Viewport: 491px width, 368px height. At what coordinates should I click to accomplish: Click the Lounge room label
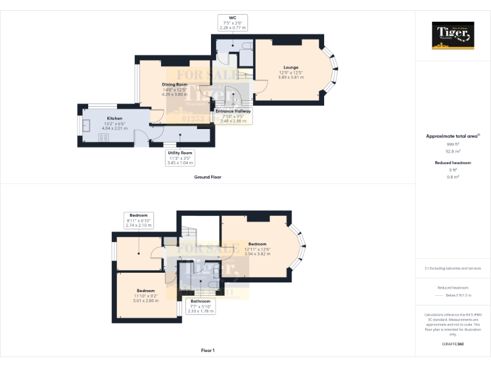click(291, 67)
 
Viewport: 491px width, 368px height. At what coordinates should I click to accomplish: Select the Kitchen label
click(115, 118)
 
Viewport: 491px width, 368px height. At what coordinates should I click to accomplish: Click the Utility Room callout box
click(180, 157)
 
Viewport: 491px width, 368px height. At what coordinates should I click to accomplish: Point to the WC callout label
click(232, 22)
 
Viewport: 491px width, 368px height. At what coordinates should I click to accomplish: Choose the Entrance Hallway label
click(233, 111)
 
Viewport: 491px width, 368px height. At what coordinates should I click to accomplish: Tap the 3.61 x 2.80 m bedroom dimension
click(145, 300)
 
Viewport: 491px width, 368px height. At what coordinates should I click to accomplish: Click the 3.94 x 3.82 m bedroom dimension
click(258, 254)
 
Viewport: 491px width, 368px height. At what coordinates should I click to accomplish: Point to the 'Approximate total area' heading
click(453, 136)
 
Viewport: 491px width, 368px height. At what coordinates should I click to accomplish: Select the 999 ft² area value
click(453, 144)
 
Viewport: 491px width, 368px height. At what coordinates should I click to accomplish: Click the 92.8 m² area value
click(453, 151)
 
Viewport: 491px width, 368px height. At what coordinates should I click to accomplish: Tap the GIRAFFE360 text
click(453, 344)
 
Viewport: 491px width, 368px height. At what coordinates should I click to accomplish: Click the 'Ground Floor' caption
click(208, 176)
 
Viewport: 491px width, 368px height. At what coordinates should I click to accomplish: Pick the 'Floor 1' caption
click(208, 350)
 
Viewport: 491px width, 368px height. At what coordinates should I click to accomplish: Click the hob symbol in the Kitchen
click(102, 137)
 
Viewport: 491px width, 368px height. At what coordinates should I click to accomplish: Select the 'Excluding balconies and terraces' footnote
click(453, 268)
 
